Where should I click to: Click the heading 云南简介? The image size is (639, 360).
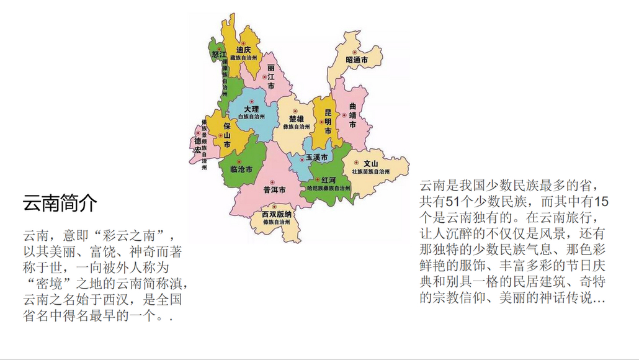pyautogui.click(x=60, y=203)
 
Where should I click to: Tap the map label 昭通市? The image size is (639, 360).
pyautogui.click(x=357, y=60)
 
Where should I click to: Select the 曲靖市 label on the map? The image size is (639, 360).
pyautogui.click(x=352, y=115)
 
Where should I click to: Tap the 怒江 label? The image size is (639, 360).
pyautogui.click(x=217, y=54)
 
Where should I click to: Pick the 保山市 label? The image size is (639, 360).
pyautogui.click(x=227, y=135)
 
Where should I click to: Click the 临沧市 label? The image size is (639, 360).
pyautogui.click(x=241, y=169)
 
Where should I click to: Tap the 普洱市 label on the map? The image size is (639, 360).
pyautogui.click(x=274, y=189)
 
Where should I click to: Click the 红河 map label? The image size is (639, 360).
pyautogui.click(x=328, y=179)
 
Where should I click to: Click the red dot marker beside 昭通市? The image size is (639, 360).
pyautogui.click(x=355, y=52)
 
